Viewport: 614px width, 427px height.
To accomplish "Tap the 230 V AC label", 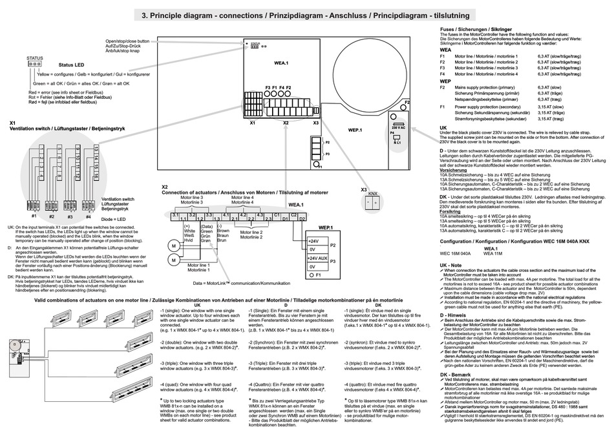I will click(x=397, y=129).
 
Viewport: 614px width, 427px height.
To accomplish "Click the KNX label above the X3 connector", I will click(x=372, y=193).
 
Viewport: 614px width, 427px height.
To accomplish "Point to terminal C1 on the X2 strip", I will click(x=277, y=214).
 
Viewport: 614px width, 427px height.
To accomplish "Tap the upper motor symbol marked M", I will click(x=173, y=245).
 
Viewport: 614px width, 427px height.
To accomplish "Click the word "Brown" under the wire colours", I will click(x=224, y=231).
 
